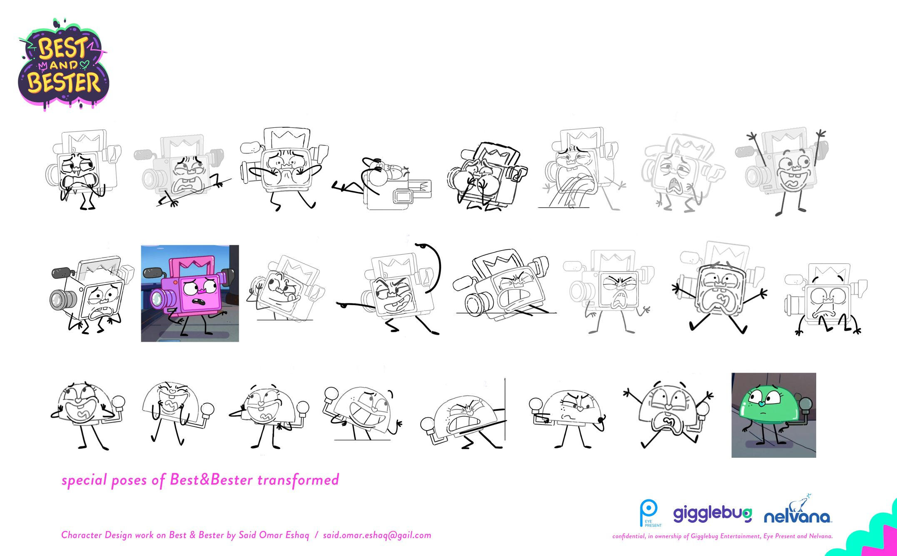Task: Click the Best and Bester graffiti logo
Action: pyautogui.click(x=64, y=65)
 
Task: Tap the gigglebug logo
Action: pyautogui.click(x=713, y=514)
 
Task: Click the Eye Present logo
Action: pyautogui.click(x=649, y=513)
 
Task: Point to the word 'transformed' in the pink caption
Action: pyautogui.click(x=298, y=480)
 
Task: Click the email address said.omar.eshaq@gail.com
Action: pyautogui.click(x=377, y=535)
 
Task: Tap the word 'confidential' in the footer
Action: pyautogui.click(x=629, y=536)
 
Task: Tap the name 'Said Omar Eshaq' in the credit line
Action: pyautogui.click(x=274, y=535)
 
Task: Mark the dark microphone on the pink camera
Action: pyautogui.click(x=152, y=273)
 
